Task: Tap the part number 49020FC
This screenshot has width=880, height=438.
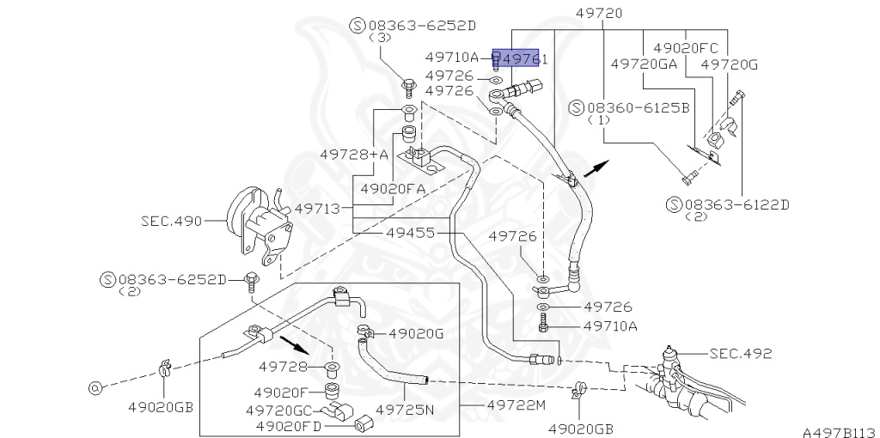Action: click(x=685, y=48)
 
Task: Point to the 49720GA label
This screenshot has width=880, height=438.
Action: click(x=644, y=64)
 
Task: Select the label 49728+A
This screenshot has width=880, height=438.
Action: click(x=354, y=154)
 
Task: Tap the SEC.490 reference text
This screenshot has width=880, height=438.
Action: click(x=170, y=221)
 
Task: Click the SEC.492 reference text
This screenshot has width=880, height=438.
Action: click(x=741, y=353)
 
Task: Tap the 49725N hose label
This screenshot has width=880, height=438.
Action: click(x=405, y=410)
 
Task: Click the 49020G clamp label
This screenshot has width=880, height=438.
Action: click(x=416, y=333)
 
